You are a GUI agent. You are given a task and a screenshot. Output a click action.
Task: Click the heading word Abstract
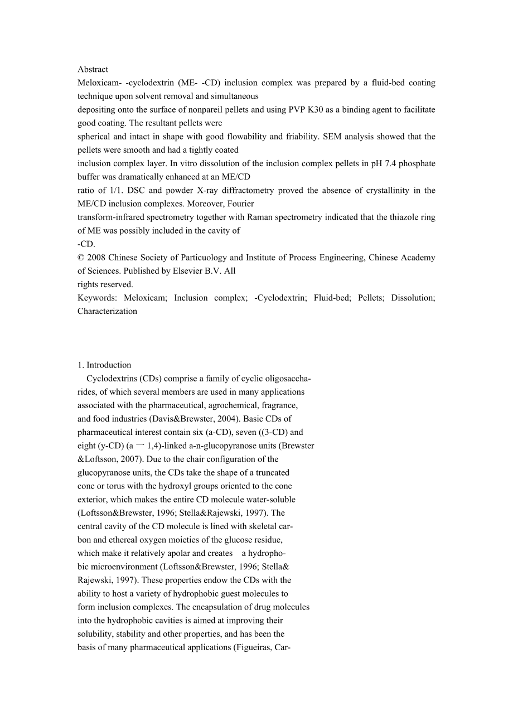pos(93,70)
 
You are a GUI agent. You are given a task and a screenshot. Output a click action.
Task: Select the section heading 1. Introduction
pos(104,365)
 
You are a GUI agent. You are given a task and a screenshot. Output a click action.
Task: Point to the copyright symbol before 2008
pos(80,258)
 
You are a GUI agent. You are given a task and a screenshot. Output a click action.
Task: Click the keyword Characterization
pos(107,311)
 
